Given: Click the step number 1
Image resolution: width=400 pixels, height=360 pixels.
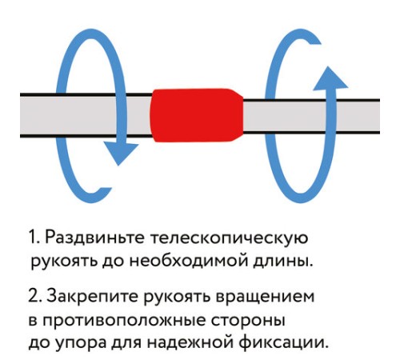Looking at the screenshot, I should click(32, 238).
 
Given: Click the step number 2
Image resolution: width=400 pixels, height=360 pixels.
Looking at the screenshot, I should click(33, 298).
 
